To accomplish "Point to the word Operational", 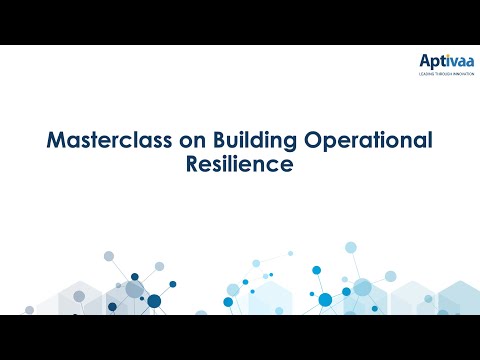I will tap(359, 141).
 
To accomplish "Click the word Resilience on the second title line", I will tap(240, 164).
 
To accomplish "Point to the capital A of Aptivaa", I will tap(423, 63).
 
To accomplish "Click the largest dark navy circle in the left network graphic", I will tap(154, 301).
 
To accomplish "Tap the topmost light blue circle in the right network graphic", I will tap(351, 247).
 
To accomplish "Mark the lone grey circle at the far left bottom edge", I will tap(30, 309).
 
